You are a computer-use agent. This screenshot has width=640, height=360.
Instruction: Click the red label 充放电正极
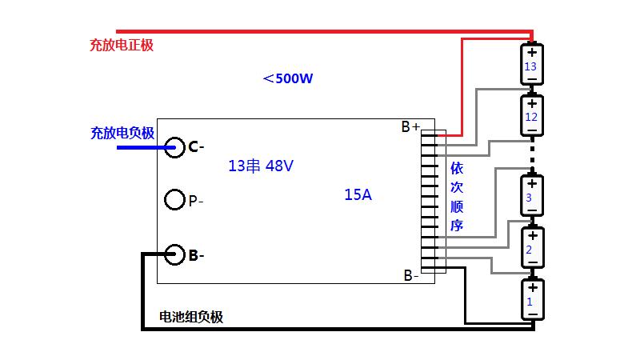[121, 46]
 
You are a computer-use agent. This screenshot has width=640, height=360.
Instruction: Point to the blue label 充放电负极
[122, 133]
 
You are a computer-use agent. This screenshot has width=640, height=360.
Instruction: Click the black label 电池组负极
[191, 317]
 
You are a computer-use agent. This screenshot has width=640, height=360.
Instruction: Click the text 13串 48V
[261, 166]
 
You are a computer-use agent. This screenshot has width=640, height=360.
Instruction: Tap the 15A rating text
[358, 194]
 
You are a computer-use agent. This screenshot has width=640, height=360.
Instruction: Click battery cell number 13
[531, 64]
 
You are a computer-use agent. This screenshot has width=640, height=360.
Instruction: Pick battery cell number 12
[531, 117]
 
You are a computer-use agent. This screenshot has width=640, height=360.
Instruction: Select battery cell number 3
[530, 197]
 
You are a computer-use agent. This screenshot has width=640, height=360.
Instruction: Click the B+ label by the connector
[410, 126]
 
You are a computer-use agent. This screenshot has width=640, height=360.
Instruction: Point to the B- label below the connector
[411, 276]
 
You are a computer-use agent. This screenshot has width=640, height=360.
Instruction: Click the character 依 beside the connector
[457, 169]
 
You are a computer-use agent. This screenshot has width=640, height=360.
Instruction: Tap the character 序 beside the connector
[457, 226]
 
